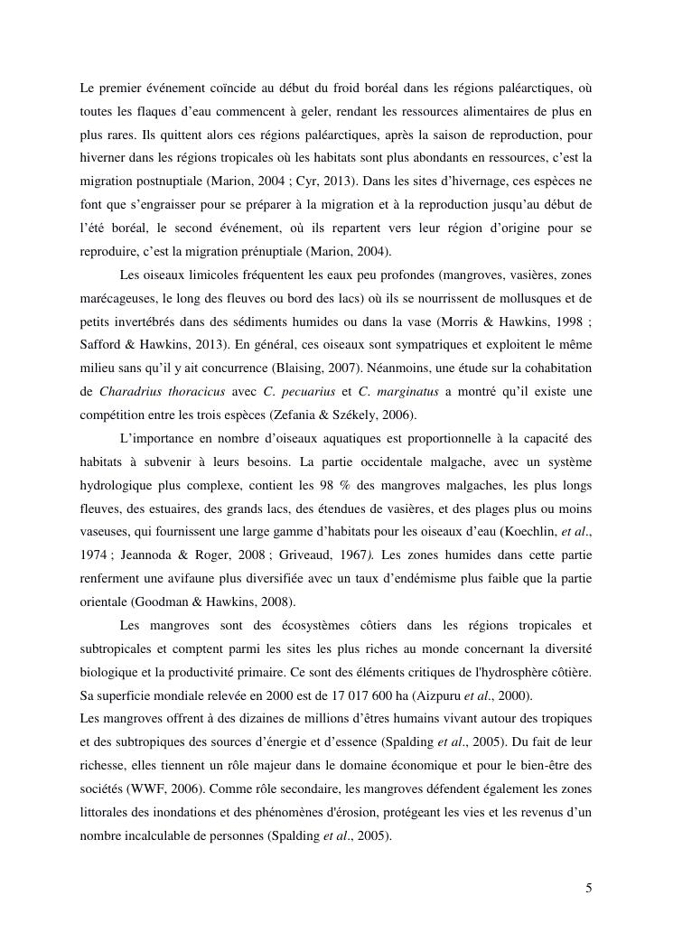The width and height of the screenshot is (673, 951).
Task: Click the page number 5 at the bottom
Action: (588, 888)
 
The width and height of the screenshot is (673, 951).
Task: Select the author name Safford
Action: (101, 346)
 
